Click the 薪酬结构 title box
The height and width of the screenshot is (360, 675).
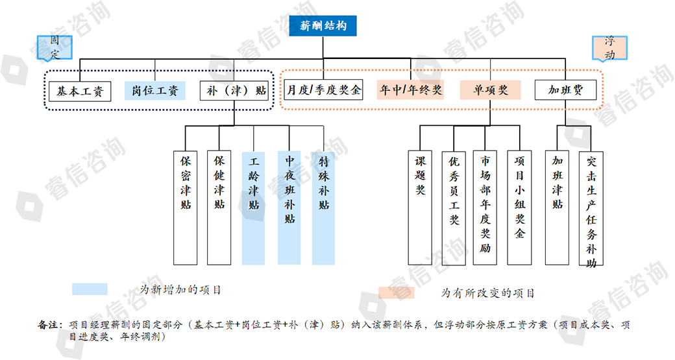point(323,27)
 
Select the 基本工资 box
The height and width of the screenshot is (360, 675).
point(80,91)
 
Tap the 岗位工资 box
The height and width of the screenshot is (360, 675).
point(155,91)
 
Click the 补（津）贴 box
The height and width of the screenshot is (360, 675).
point(234,91)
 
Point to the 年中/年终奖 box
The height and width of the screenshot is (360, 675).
point(411,90)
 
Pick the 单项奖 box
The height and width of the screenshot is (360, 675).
point(491,90)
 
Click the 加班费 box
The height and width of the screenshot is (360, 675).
point(565,90)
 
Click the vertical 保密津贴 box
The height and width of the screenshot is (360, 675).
point(186,208)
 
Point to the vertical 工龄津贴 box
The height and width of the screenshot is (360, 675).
point(253,208)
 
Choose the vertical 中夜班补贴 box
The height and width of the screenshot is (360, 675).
point(289,208)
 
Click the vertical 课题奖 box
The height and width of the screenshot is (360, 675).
point(420,208)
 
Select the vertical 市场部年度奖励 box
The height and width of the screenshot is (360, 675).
point(485,208)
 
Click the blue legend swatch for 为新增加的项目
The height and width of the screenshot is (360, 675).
point(90,289)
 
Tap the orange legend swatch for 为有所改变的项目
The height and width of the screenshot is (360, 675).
point(397,293)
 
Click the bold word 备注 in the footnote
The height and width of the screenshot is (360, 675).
point(49,324)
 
